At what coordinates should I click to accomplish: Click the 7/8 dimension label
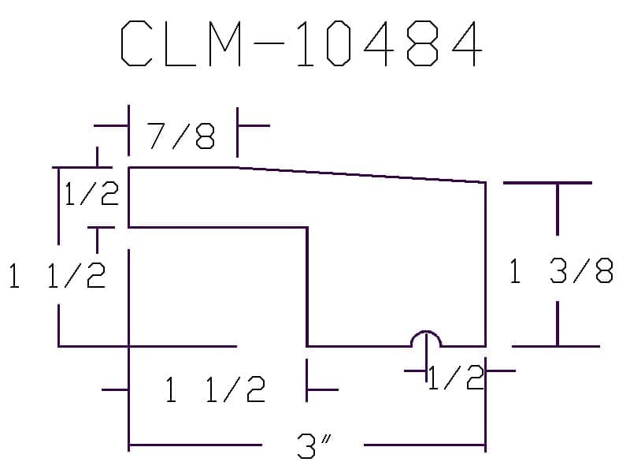182,139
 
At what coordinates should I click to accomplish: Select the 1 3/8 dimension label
561,272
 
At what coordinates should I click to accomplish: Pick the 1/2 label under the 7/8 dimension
91,193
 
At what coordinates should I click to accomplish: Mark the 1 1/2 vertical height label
57,276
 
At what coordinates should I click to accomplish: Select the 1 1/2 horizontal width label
215,389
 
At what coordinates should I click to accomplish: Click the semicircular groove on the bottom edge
426,338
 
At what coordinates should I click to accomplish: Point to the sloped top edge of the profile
362,174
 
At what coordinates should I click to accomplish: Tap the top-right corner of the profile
485,182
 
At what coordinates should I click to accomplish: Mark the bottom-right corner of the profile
485,345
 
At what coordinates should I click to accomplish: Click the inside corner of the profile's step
307,228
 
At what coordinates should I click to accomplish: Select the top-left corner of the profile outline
129,167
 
